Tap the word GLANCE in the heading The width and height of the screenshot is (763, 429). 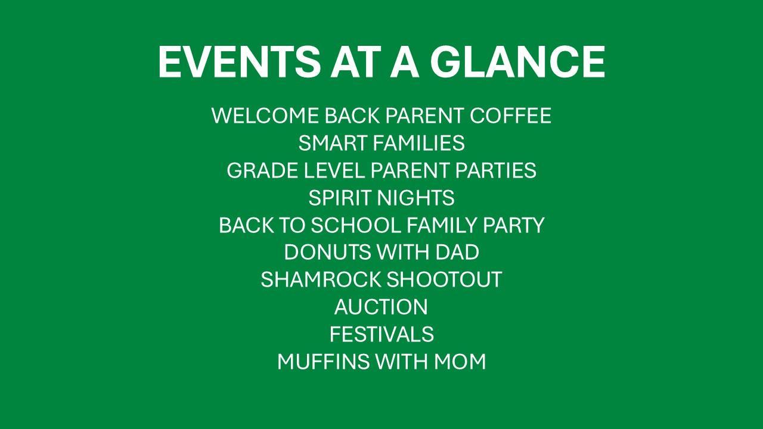tap(517, 62)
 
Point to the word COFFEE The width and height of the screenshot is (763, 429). tap(510, 116)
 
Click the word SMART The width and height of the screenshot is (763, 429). tap(333, 143)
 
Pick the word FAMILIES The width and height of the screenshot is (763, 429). tap(419, 143)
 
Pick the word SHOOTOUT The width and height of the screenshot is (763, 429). tap(444, 279)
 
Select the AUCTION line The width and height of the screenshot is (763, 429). tap(381, 307)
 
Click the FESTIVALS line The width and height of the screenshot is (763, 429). tap(381, 334)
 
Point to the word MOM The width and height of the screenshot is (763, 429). tap(460, 361)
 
